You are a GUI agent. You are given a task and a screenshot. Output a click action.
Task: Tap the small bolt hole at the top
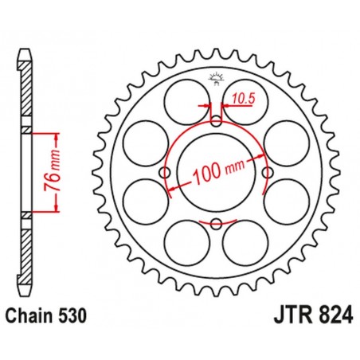[x=216, y=122]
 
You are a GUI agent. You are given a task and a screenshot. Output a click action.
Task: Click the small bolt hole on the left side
[x=166, y=173]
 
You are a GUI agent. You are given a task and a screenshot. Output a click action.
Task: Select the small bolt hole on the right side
[x=267, y=173]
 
